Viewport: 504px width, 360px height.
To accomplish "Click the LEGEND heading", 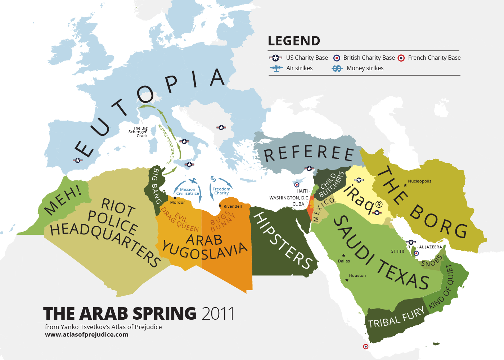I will tap(294, 41).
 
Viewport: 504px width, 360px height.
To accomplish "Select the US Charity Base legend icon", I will tap(275, 58).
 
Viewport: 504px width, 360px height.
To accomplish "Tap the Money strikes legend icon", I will tap(337, 68).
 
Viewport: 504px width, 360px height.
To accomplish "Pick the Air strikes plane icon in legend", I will tap(276, 68).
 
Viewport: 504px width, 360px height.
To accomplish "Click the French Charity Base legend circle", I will tap(401, 58).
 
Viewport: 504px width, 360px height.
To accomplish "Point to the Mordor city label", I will tap(177, 202).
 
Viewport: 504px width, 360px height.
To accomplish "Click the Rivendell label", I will tap(233, 206).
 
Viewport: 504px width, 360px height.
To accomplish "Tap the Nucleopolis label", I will tap(419, 181).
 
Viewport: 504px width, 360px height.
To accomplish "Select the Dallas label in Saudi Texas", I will tap(344, 261).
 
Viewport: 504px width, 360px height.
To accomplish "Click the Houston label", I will tap(357, 275).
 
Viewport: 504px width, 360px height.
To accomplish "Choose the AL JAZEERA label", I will tap(430, 247).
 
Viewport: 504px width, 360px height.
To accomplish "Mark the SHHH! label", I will tap(397, 251).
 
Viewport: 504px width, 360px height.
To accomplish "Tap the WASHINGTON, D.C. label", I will tap(289, 198).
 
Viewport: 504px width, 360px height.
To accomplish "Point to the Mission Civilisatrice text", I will tap(187, 192).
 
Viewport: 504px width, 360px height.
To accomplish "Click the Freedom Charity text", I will tap(221, 191).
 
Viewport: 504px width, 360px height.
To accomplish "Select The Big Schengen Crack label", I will tap(139, 132).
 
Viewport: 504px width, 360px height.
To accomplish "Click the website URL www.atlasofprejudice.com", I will tap(86, 334).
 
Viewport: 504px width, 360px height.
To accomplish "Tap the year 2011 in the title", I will tap(218, 314).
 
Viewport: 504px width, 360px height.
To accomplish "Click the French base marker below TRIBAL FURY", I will tap(366, 346).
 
